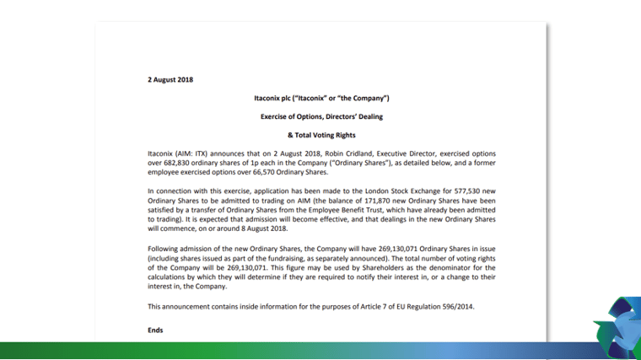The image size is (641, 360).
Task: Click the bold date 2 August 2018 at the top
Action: (x=170, y=80)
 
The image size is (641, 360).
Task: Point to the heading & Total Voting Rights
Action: (x=321, y=135)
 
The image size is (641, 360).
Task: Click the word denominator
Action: (x=449, y=267)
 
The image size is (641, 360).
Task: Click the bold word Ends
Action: (x=155, y=330)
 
